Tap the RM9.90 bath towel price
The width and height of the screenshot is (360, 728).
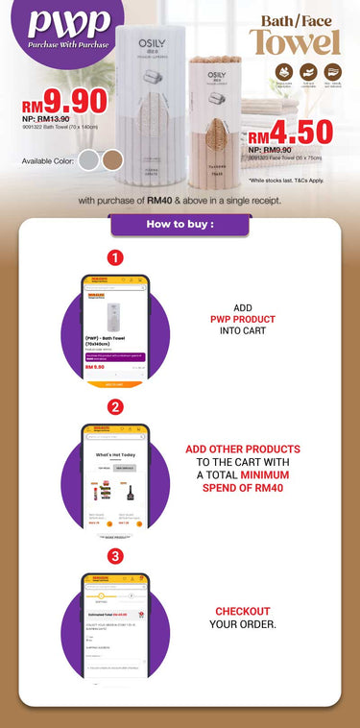click(54, 100)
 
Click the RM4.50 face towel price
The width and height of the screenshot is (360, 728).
click(289, 132)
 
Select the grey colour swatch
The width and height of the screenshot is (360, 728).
click(89, 158)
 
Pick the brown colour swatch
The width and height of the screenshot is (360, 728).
click(113, 158)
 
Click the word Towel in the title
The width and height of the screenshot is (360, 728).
click(296, 42)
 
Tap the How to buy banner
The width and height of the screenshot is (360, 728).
click(180, 225)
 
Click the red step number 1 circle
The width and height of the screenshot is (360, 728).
click(115, 257)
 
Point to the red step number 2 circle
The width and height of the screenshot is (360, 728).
click(115, 406)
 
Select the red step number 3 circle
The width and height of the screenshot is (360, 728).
click(115, 556)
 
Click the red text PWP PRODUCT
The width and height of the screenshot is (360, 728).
click(243, 319)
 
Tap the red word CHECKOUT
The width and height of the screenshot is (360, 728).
click(242, 611)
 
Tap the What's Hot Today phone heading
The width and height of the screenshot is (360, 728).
click(115, 454)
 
